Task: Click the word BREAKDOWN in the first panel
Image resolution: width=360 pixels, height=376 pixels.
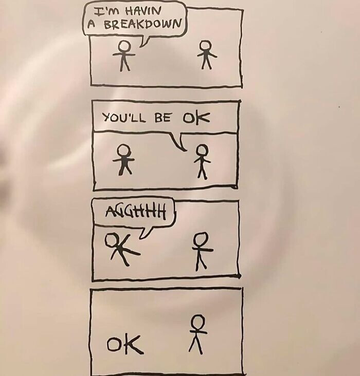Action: point(142,25)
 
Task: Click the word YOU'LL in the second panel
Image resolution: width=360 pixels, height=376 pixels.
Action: point(123,118)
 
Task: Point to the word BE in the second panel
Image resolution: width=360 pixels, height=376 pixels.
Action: point(163,117)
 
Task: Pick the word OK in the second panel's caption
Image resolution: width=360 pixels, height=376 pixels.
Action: point(196,118)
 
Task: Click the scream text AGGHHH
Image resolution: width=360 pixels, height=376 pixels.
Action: point(136,211)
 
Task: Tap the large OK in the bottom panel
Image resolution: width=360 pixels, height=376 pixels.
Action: point(125,344)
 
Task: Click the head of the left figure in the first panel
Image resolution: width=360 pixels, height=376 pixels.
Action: point(124,46)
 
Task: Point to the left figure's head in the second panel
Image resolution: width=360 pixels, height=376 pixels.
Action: point(124,151)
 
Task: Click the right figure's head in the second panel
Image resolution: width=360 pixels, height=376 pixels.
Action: point(202,151)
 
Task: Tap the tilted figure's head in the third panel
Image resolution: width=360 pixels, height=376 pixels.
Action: point(111,240)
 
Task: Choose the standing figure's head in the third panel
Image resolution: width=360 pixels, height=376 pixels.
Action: point(201,239)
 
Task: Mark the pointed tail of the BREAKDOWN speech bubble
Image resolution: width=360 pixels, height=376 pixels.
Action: point(141,46)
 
